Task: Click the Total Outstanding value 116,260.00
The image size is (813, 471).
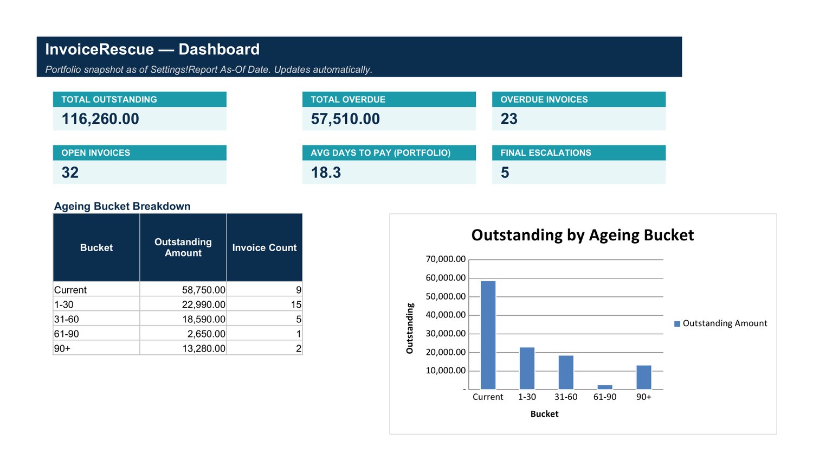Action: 100,119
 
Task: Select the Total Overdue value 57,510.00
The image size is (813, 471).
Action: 345,119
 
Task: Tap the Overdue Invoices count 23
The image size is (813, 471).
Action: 509,119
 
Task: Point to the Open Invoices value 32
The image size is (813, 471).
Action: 70,172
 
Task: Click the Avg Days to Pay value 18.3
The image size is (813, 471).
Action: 326,172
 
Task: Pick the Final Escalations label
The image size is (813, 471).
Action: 545,152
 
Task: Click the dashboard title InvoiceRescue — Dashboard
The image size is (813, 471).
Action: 152,49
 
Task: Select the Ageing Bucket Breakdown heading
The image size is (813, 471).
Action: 122,206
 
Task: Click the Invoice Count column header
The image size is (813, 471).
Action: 264,247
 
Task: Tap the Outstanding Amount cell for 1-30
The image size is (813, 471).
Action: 204,304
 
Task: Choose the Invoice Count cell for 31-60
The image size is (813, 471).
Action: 298,319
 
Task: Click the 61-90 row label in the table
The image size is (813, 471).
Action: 67,334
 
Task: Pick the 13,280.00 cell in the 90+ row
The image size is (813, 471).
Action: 204,348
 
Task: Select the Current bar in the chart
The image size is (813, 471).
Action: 488,335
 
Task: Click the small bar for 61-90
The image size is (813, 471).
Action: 605,387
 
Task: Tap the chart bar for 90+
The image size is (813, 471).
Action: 643,378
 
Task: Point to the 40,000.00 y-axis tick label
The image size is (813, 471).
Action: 446,315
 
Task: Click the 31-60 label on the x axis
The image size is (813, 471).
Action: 565,397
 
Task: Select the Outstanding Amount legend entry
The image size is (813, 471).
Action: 720,323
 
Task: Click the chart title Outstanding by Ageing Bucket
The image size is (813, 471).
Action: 583,235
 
